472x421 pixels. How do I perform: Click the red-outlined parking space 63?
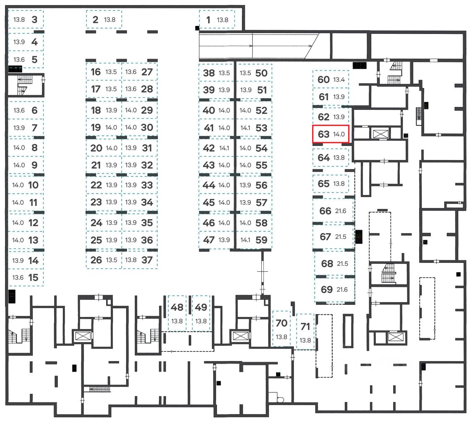(x=331, y=134)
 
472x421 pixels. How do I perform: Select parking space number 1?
(x=217, y=19)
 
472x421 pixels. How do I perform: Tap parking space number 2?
(x=104, y=19)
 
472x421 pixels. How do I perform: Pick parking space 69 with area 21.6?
(x=334, y=289)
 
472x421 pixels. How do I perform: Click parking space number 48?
(x=177, y=314)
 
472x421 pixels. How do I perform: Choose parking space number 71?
(x=305, y=332)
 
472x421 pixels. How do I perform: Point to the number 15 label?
(x=34, y=278)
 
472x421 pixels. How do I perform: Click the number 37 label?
(x=147, y=260)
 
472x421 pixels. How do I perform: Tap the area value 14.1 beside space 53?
(x=245, y=128)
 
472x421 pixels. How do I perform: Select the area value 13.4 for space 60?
(x=339, y=79)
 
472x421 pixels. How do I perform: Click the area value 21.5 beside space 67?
(x=341, y=237)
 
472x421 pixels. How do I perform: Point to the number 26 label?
(x=96, y=260)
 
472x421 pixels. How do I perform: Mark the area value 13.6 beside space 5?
(x=19, y=60)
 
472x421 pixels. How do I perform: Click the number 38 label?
(x=209, y=73)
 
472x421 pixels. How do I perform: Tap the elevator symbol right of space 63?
(x=380, y=133)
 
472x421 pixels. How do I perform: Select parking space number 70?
(x=282, y=329)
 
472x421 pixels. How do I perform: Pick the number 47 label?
(x=209, y=240)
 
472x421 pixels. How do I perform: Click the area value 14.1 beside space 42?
(x=224, y=148)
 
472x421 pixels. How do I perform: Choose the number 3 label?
(x=35, y=20)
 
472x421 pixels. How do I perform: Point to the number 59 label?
(x=261, y=240)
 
